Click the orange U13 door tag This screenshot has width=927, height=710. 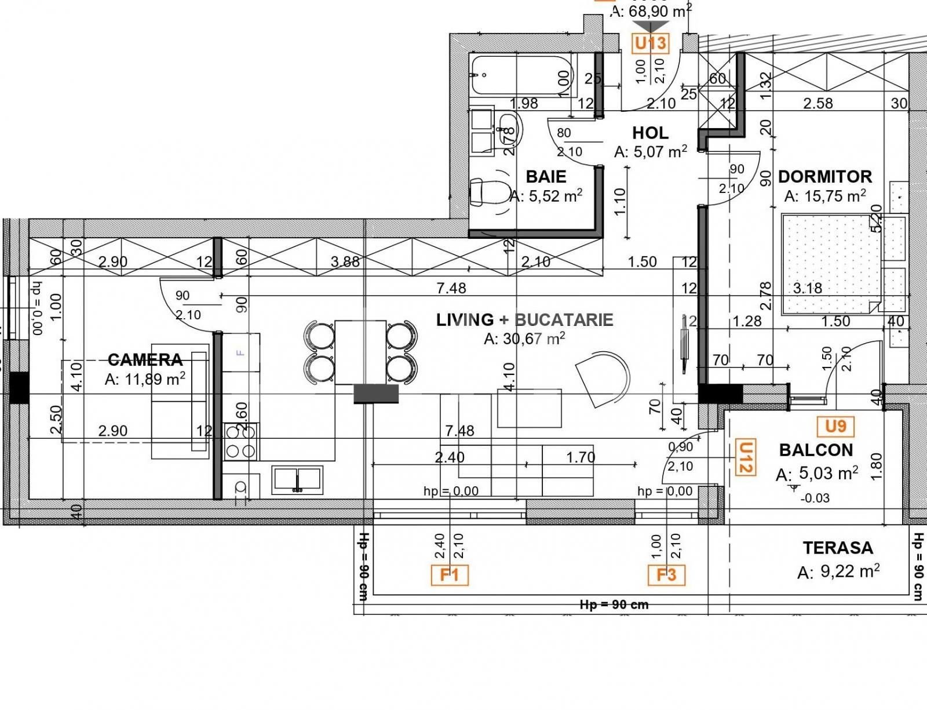tap(651, 43)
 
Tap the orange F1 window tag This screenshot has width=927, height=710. tap(450, 575)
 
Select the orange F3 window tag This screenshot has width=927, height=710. tap(666, 575)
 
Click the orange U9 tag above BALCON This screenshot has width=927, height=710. tap(835, 427)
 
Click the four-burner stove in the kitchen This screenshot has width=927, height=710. tap(241, 441)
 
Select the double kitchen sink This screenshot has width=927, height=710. tap(297, 479)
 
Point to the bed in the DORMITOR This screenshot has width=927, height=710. tap(831, 264)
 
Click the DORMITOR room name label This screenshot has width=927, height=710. tap(824, 176)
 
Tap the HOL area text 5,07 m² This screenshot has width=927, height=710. tap(651, 152)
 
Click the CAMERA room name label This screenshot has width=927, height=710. tap(145, 360)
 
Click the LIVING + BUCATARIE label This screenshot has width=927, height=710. tap(524, 320)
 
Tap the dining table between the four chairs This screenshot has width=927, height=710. tap(360, 351)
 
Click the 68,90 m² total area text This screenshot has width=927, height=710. tap(651, 10)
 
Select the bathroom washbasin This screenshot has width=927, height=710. tap(508, 129)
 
